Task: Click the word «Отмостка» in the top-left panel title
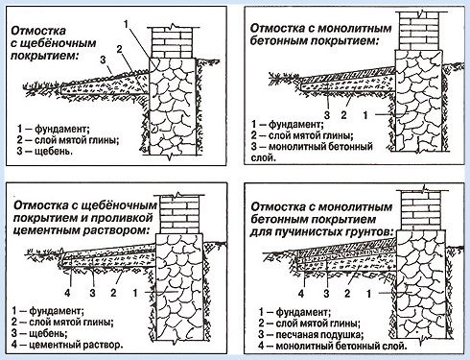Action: (x=38, y=31)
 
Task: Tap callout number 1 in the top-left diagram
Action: (x=126, y=24)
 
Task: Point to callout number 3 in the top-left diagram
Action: (x=103, y=60)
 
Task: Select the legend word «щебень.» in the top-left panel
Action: (x=54, y=151)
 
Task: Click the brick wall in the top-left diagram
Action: (x=172, y=42)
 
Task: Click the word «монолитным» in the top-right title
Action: (x=355, y=28)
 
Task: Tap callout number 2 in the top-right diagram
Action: (x=343, y=115)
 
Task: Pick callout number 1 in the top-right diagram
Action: (x=365, y=115)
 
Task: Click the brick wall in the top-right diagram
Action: (x=418, y=32)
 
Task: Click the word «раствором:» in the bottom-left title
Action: (x=116, y=230)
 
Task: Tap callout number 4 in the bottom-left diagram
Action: (x=67, y=293)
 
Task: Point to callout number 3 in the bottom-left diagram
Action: (x=92, y=293)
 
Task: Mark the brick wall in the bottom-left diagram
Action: (x=179, y=214)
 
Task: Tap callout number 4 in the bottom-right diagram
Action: (x=301, y=294)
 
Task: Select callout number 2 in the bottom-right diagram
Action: (x=347, y=294)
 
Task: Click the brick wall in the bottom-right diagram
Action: (x=420, y=210)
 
